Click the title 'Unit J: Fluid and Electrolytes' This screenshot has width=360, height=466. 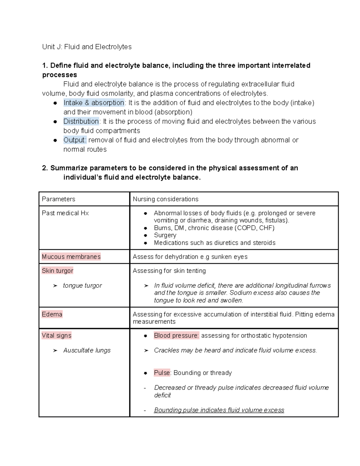pyautogui.click(x=87, y=47)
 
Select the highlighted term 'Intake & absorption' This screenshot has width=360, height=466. pyautogui.click(x=94, y=103)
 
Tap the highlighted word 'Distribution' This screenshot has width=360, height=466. pyautogui.click(x=81, y=121)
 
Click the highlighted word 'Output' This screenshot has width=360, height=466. pyautogui.click(x=75, y=140)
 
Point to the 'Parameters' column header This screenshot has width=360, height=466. pyautogui.click(x=58, y=199)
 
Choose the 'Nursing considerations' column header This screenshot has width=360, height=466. pyautogui.click(x=166, y=199)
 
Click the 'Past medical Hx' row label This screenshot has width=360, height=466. pyautogui.click(x=65, y=213)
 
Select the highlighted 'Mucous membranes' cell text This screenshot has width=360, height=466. pyautogui.click(x=71, y=257)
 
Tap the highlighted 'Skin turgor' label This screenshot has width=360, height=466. pyautogui.click(x=57, y=271)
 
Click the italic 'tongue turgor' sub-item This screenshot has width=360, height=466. pyautogui.click(x=82, y=285)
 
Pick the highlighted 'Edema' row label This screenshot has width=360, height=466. pyautogui.click(x=52, y=314)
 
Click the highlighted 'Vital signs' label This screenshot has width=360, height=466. pyautogui.click(x=56, y=335)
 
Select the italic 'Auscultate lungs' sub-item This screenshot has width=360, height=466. pyautogui.click(x=87, y=350)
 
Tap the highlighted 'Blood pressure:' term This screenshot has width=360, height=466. pyautogui.click(x=176, y=335)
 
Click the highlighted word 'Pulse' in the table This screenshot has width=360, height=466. pyautogui.click(x=162, y=373)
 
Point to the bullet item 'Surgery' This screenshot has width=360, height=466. pyautogui.click(x=165, y=235)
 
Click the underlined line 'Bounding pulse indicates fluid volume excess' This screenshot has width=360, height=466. pyautogui.click(x=219, y=410)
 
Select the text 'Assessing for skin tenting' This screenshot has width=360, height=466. pyautogui.click(x=169, y=271)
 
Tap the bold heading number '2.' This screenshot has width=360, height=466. pyautogui.click(x=45, y=168)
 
